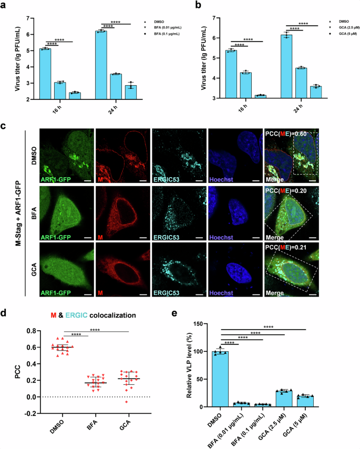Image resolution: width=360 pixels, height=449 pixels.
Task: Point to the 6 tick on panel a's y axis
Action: click(x=33, y=34)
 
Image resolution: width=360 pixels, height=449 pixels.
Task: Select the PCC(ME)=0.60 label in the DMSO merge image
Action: click(x=286, y=133)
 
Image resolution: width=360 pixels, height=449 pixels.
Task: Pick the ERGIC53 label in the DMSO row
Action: click(x=169, y=172)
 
